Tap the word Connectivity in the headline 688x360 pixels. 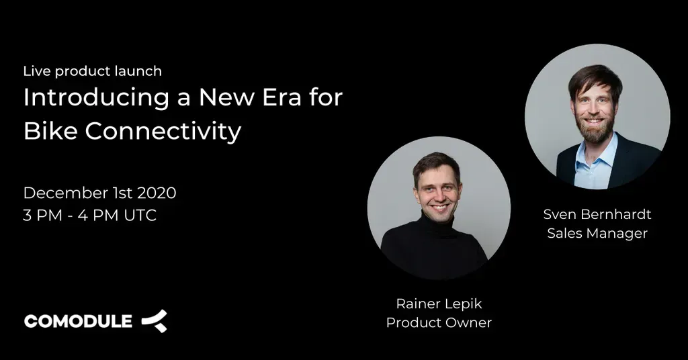point(163,131)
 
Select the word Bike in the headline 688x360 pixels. point(50,131)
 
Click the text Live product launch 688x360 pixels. point(93,71)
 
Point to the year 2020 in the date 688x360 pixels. point(157,193)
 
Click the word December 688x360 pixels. point(65,193)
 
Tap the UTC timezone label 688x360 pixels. point(140,216)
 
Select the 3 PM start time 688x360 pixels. point(42,216)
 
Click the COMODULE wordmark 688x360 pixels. point(78,322)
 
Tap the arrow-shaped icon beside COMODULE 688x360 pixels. point(155,321)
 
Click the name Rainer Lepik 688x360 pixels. point(439,304)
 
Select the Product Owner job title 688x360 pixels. point(439,323)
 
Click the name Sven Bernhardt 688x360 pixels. point(597,214)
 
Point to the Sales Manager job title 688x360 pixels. point(597,233)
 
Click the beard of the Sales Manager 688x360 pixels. point(595,132)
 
